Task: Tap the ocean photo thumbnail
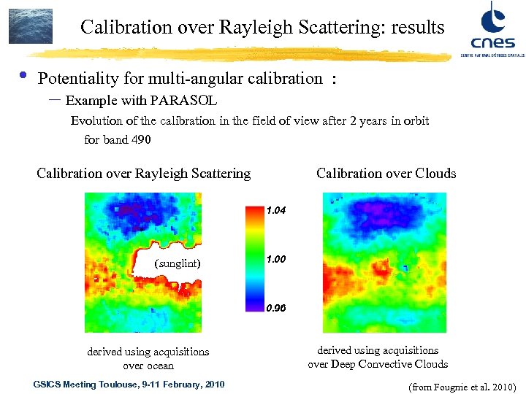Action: [x=31, y=26]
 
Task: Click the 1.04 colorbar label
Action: [x=276, y=210]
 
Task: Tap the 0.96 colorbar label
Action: [x=276, y=309]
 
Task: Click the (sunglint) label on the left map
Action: [x=178, y=263]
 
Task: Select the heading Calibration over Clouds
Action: [x=386, y=173]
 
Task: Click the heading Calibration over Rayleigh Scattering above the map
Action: [x=143, y=173]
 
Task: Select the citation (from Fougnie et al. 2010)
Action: [x=463, y=386]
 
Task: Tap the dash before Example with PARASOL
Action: [x=54, y=100]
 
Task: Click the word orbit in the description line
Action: [x=414, y=120]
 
